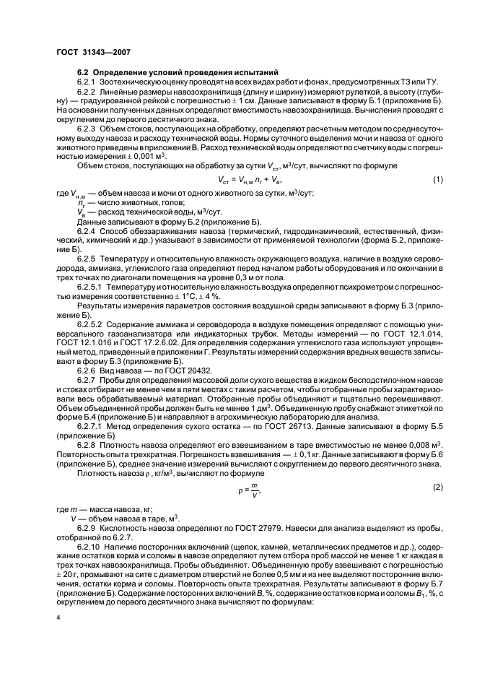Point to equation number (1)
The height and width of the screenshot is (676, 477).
tap(437, 179)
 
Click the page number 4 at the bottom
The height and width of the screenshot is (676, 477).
tap(59, 618)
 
